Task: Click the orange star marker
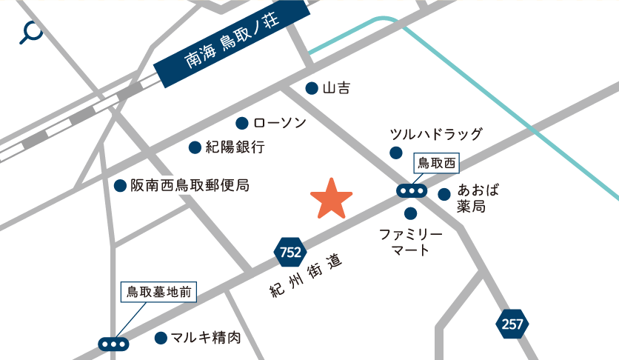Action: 331,199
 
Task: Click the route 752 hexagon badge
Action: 290,253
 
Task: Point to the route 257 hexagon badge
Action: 512,324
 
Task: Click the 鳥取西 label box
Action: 436,162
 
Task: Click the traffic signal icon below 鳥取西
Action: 411,191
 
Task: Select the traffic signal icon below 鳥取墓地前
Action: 113,344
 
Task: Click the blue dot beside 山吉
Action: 312,88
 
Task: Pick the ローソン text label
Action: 279,123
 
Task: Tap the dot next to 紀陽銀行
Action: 195,147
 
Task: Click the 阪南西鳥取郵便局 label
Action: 190,185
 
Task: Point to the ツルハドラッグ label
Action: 436,134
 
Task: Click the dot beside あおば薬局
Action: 444,195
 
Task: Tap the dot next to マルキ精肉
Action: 160,339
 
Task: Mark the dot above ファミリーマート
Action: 411,214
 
